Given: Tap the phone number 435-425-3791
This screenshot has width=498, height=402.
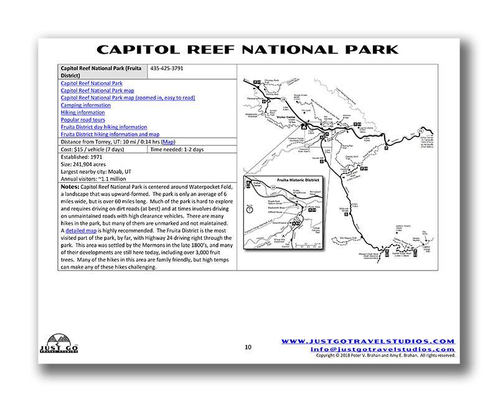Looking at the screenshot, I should click(166, 68).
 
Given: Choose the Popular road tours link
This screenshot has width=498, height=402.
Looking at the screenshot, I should click(83, 120).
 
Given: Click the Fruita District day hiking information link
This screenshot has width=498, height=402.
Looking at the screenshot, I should click(104, 127).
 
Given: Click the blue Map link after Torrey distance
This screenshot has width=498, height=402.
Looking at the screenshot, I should click(169, 141).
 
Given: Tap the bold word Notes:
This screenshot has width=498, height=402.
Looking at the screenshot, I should click(70, 186).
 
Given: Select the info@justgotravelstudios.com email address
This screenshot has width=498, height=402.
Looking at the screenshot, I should click(402, 349).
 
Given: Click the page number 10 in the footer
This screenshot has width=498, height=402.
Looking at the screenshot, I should click(248, 347).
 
